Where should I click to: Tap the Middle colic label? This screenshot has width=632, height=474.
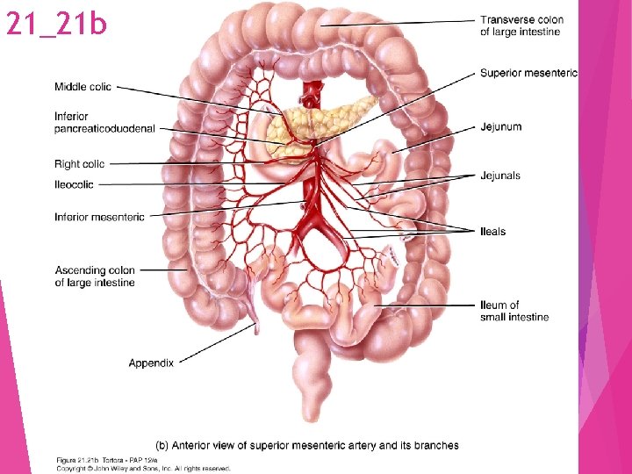tap(83, 86)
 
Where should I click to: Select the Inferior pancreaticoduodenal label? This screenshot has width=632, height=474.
tap(104, 123)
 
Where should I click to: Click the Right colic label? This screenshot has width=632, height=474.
tap(79, 163)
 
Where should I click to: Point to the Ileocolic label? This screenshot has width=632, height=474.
tap(74, 184)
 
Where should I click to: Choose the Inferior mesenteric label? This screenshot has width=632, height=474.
tap(99, 217)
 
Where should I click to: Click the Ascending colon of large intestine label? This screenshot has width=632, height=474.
tap(95, 276)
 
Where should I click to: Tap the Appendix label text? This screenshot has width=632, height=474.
tap(151, 363)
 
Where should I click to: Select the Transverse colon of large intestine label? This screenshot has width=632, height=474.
tap(521, 25)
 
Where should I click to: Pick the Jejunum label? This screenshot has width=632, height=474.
tap(500, 127)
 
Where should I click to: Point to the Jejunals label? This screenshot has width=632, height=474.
tap(500, 176)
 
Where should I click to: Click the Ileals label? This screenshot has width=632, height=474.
tap(492, 232)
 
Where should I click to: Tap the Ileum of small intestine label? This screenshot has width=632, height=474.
tap(513, 311)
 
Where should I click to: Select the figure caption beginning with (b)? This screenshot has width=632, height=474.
tap(306, 445)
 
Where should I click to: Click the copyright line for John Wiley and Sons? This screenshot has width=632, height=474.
tap(144, 468)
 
